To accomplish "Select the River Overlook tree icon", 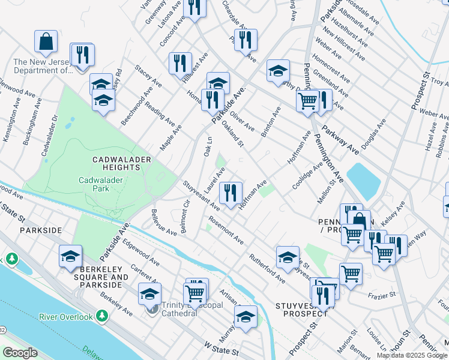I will pos(103,316).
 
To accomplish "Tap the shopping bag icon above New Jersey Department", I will pos(46,42).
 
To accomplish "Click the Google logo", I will pos(20,353).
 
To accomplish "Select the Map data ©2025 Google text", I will pos(411,355).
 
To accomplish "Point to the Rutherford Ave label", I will pos(267,268).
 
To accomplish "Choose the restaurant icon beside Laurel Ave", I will pos(231,193).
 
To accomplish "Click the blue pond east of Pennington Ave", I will pos(363,181).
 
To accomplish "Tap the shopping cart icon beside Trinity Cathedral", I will pos(194,293).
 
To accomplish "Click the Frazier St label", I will pos(384,295).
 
